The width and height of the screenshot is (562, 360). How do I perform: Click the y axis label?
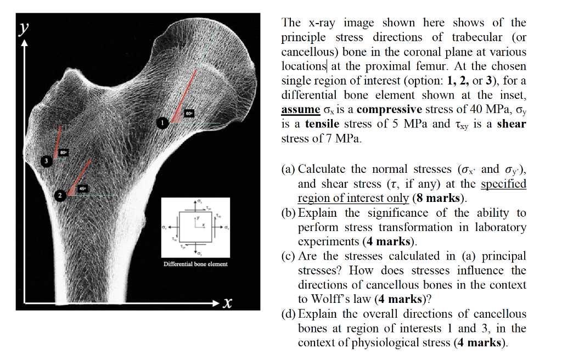(23, 29)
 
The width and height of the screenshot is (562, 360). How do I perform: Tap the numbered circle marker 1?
(162, 122)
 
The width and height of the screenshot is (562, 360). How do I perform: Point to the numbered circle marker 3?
(47, 160)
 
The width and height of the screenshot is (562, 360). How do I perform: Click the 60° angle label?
(189, 114)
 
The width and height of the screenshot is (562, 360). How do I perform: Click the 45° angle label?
(82, 188)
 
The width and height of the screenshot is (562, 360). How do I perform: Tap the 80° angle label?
(64, 151)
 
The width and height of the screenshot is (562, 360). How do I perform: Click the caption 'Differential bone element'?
(195, 264)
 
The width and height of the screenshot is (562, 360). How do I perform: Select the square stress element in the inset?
(195, 226)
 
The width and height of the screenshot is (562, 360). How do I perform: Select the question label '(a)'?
(288, 169)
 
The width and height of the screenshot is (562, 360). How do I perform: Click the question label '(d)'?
(289, 314)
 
